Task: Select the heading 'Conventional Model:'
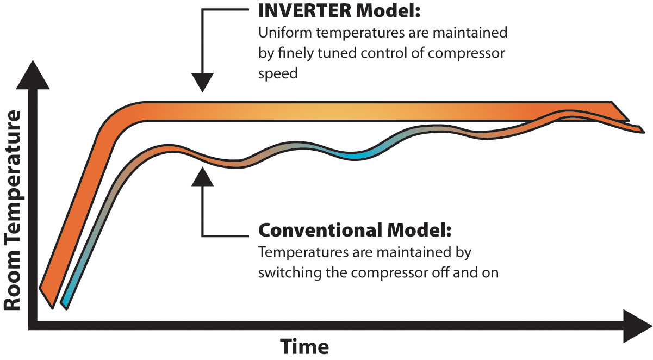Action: tap(355, 230)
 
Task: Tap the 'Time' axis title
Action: tap(304, 346)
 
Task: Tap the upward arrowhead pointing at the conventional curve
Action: tap(202, 176)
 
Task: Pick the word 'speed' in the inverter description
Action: tap(278, 73)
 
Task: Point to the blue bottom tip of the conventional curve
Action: tap(65, 302)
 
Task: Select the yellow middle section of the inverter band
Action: tap(326, 110)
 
